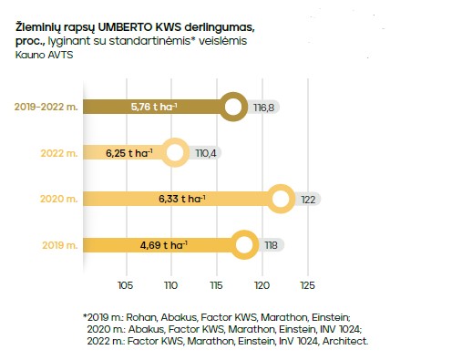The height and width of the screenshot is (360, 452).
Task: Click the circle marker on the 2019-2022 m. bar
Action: [x=234, y=107]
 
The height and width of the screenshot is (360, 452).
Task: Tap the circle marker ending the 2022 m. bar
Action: [x=174, y=153]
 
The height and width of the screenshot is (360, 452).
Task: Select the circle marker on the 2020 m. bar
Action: [x=282, y=199]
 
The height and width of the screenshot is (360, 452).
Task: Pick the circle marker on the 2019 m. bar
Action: [x=244, y=245]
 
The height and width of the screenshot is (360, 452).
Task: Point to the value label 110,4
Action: [x=205, y=153]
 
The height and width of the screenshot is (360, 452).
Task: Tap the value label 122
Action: [x=310, y=200]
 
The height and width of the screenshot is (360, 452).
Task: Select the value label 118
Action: [x=272, y=245]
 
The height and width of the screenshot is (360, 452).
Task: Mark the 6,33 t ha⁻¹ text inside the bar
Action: [x=182, y=199]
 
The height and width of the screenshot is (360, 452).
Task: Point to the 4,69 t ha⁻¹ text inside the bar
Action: [x=163, y=245]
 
